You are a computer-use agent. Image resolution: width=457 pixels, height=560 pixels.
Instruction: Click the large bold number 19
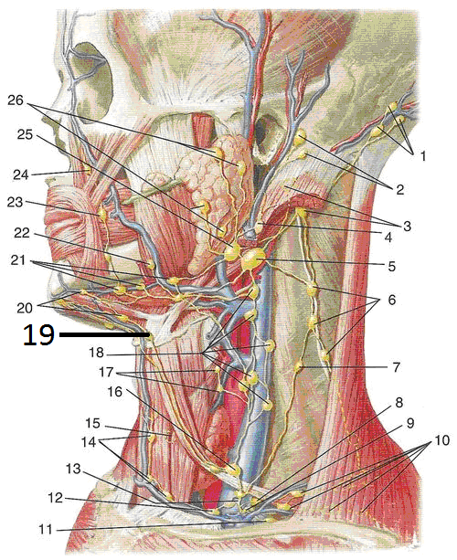tap(38, 335)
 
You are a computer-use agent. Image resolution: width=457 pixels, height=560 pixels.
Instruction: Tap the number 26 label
tap(16, 100)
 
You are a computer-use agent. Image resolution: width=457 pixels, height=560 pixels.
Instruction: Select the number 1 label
tap(422, 156)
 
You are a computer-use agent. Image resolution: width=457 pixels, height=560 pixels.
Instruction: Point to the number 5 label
tap(391, 266)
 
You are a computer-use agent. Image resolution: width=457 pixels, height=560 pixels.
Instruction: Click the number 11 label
tap(46, 529)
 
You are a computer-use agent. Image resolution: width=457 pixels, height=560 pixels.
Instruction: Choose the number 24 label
tap(21, 174)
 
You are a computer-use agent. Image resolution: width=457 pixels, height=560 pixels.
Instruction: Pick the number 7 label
tap(396, 367)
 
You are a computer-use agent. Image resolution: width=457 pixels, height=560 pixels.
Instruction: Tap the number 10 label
tap(441, 440)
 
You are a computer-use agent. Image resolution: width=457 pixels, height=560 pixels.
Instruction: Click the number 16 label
tap(115, 392)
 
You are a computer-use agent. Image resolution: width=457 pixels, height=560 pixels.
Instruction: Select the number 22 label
tap(22, 233)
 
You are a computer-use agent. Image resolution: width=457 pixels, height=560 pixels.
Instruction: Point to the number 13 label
tap(73, 469)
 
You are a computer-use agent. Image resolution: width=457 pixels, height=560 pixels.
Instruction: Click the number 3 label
tap(407, 226)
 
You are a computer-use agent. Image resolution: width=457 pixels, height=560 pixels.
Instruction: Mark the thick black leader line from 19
tap(104, 334)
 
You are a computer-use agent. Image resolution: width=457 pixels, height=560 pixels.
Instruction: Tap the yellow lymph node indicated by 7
tap(299, 366)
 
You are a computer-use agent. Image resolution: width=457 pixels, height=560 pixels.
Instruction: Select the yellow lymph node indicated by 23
tap(102, 215)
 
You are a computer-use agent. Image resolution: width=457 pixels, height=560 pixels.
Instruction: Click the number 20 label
tap(25, 308)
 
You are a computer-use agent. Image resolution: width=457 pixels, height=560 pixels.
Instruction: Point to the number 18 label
tap(97, 353)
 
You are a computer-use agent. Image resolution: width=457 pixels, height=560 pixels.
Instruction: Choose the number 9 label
tap(410, 423)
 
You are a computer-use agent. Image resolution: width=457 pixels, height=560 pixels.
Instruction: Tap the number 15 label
tap(92, 423)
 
